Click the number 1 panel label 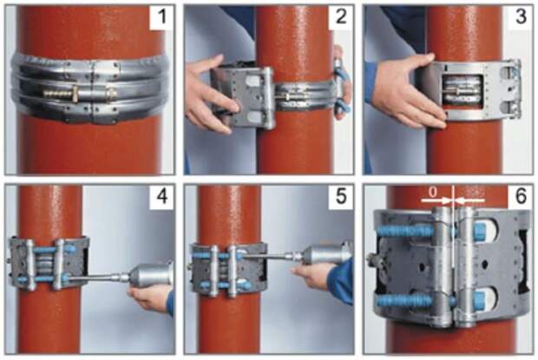(x=162, y=16)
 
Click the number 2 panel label (x=341, y=16)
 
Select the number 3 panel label (x=521, y=16)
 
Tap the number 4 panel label (x=162, y=196)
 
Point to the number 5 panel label (x=341, y=196)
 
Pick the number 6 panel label (x=521, y=196)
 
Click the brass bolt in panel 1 (x=79, y=93)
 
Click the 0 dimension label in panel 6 (x=433, y=193)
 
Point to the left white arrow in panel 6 (x=436, y=200)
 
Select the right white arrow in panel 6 (x=470, y=200)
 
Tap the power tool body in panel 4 (x=150, y=275)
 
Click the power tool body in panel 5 (x=329, y=255)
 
